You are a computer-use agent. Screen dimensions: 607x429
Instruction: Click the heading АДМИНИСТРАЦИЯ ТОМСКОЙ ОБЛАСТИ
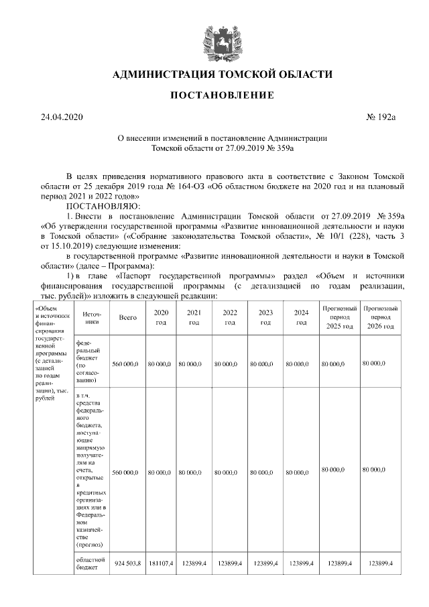[222, 74]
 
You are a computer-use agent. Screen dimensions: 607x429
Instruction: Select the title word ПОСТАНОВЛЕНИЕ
[222, 95]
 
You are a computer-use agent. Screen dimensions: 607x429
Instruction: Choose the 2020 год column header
[160, 317]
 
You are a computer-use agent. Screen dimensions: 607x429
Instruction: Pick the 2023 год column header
[265, 317]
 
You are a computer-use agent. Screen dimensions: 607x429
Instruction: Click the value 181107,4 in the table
[161, 563]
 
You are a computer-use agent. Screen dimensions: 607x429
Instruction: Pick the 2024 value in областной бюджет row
[302, 563]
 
